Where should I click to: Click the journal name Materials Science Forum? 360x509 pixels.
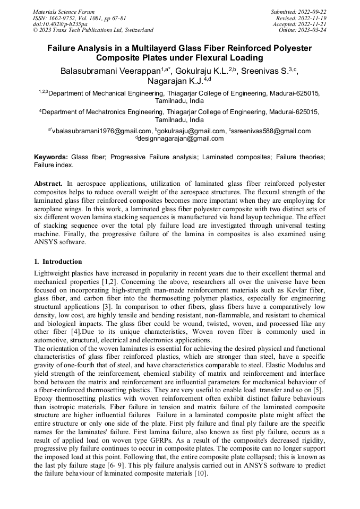click(x=64, y=12)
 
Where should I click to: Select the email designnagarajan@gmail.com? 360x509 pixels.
click(x=181, y=139)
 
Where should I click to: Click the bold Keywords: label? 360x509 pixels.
click(x=51, y=158)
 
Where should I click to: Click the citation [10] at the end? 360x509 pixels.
click(x=200, y=473)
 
